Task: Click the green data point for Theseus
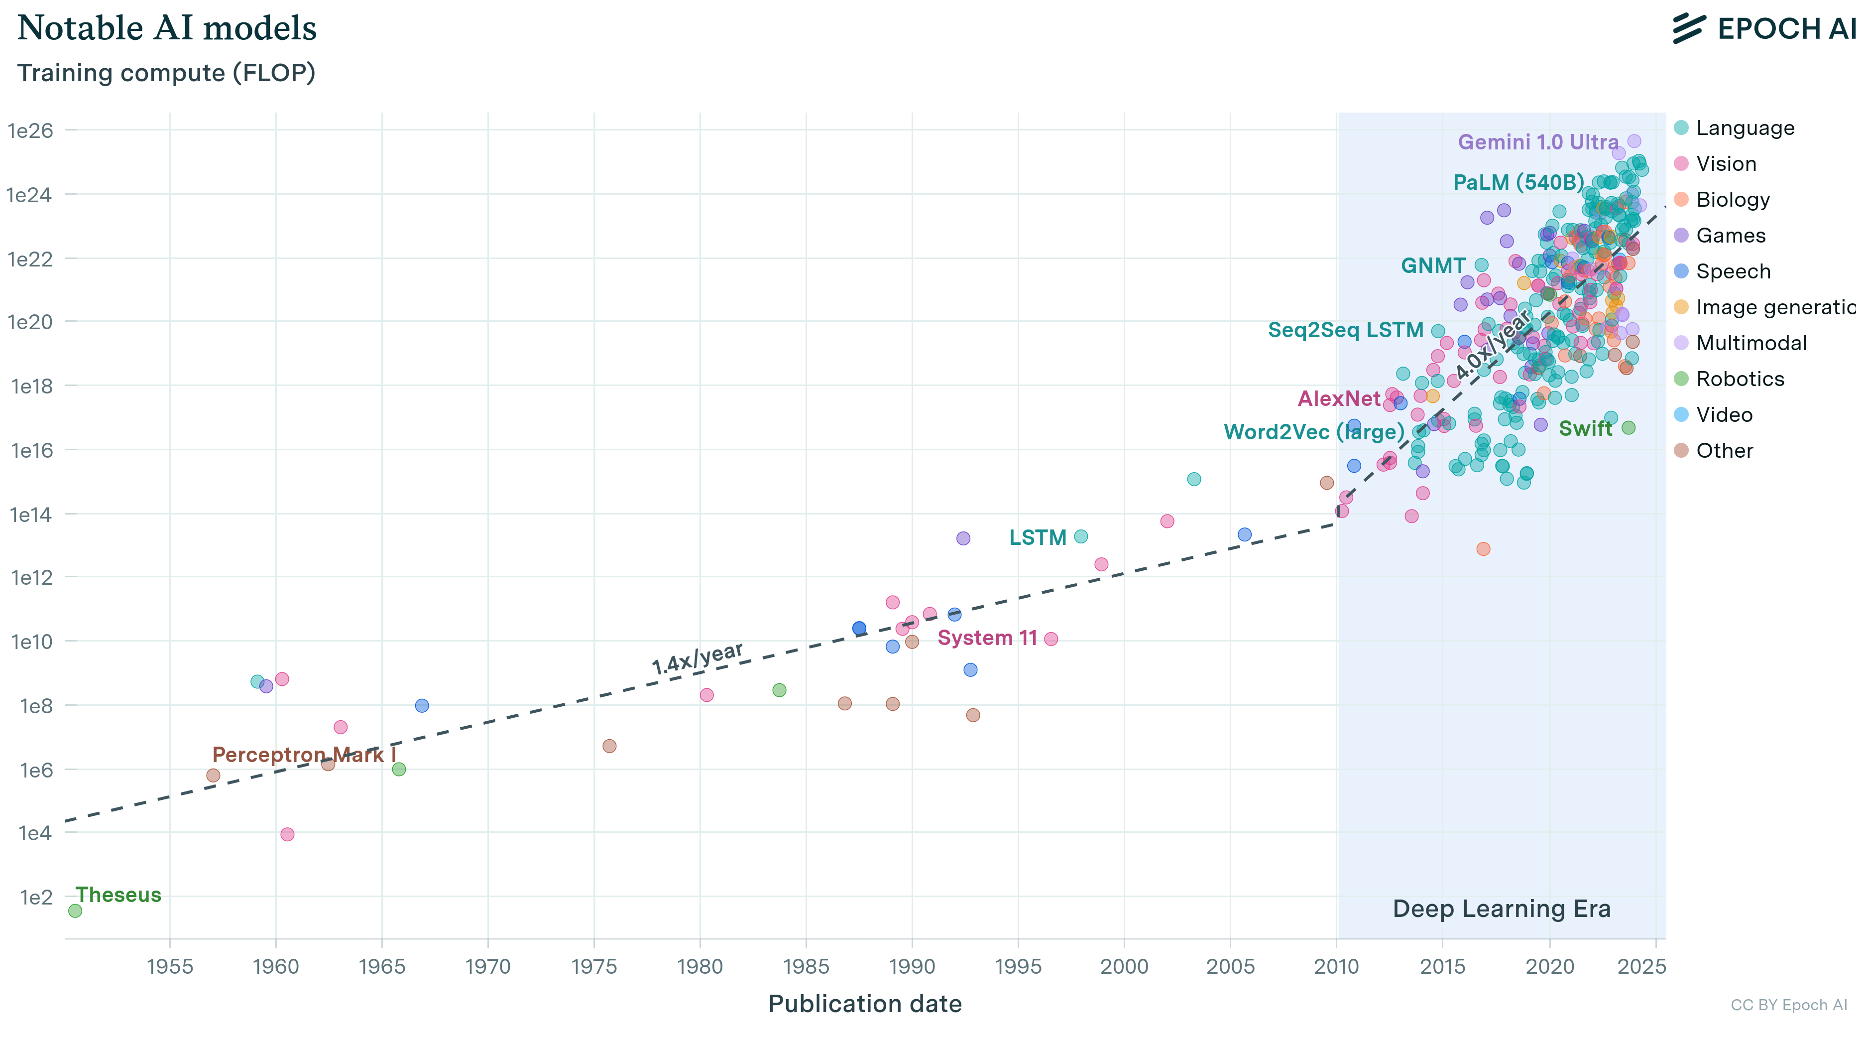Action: [75, 910]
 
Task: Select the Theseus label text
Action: [118, 895]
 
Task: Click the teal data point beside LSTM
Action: [1081, 536]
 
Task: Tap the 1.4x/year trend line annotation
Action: [697, 658]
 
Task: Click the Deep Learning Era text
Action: [1502, 909]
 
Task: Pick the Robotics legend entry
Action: [1740, 379]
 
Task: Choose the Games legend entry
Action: [1730, 235]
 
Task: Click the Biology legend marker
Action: [1681, 199]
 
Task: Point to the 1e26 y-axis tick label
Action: [30, 130]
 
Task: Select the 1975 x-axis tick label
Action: [593, 966]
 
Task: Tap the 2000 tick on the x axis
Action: [1124, 966]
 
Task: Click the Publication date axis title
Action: [865, 1004]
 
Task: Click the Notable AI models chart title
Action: [167, 29]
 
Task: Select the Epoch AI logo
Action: [1764, 29]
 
